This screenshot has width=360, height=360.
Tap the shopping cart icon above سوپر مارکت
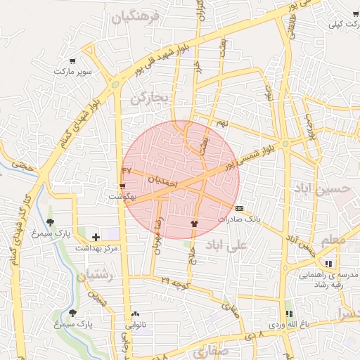point(72,61)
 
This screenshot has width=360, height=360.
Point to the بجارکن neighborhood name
point(150,99)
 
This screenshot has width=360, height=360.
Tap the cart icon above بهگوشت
point(123,186)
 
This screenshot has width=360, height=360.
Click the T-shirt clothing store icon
point(194,222)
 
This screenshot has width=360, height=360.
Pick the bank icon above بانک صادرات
point(240,208)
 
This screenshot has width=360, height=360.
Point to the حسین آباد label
point(321,189)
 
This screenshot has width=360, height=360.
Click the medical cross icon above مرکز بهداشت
point(96,236)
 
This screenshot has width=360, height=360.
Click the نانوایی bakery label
point(136,325)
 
